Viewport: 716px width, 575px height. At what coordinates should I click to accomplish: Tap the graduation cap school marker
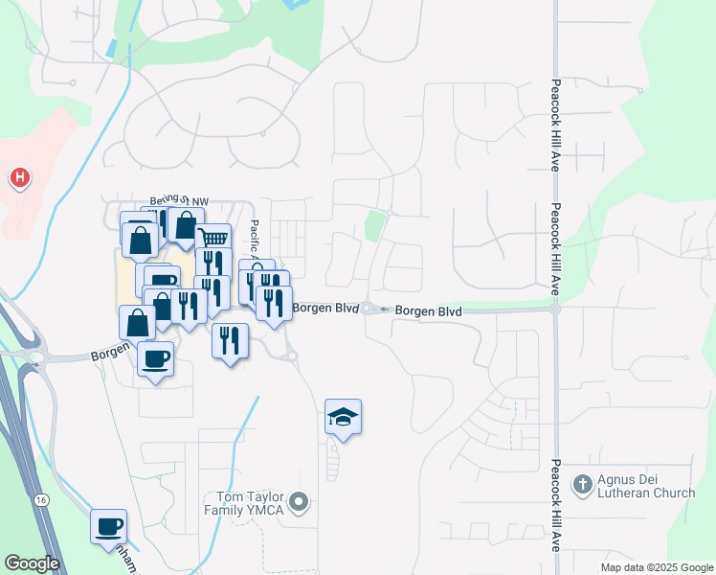343,417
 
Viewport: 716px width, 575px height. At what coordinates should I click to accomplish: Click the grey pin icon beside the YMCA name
300,501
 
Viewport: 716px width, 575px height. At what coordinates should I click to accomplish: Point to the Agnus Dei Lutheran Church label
647,487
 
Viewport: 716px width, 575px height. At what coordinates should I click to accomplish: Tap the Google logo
32,563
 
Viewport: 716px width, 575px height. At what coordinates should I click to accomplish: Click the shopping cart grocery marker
214,238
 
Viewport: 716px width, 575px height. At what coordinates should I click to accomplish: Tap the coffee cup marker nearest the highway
108,526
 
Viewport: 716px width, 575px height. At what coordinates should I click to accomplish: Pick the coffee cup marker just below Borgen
155,359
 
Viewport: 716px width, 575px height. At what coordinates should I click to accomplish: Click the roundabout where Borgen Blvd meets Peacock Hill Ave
555,309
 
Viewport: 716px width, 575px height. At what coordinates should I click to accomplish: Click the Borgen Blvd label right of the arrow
428,311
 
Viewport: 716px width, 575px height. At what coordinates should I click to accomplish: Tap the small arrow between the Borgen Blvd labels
384,310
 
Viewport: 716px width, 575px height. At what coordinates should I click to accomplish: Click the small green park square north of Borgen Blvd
375,227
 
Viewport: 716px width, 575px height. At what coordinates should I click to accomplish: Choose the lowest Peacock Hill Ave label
555,504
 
